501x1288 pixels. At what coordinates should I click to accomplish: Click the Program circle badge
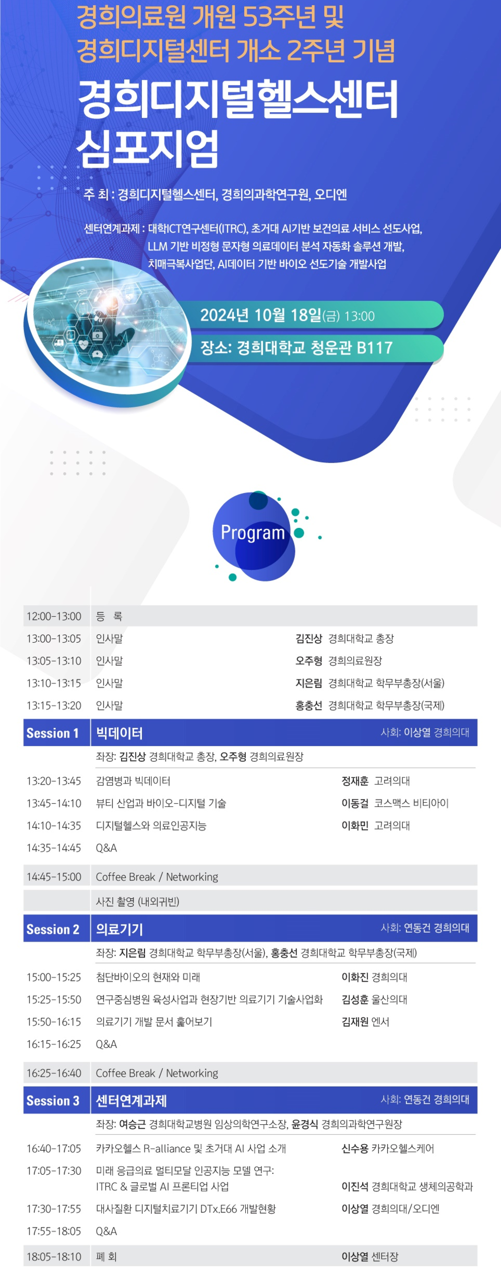254,536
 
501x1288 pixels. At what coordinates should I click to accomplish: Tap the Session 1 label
53,733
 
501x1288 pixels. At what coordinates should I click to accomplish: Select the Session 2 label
53,929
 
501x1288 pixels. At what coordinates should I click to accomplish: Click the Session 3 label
53,1101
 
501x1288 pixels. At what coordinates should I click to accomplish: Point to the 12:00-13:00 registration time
54,616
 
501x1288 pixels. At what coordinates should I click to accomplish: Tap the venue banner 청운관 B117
297,347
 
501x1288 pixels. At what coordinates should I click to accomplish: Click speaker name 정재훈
355,781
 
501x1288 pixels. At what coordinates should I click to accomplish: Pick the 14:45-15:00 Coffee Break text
157,877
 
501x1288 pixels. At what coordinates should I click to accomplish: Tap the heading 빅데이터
120,733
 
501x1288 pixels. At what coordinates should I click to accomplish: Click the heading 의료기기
120,929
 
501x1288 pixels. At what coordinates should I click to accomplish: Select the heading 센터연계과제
132,1101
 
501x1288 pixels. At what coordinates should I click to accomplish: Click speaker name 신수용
355,1148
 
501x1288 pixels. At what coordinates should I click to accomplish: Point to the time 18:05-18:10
54,1257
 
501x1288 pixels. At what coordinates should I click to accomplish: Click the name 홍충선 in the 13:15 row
309,705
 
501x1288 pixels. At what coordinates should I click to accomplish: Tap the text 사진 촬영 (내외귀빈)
138,901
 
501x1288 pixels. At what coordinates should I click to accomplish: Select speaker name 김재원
355,1021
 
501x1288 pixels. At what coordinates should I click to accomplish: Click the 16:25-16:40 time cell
54,1073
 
